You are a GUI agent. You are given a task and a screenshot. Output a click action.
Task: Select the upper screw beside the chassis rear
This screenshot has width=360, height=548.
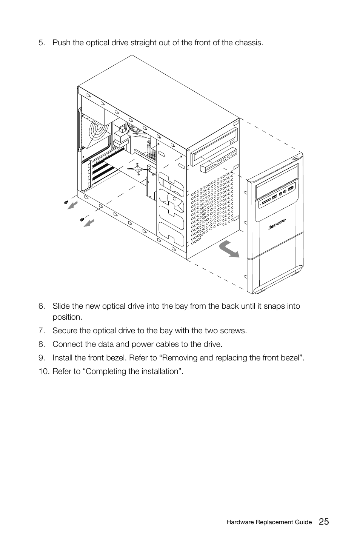coord(67,203)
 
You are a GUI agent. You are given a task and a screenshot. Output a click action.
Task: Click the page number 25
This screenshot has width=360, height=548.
coord(323,522)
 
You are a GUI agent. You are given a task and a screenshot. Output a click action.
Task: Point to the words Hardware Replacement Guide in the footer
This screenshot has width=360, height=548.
coord(269,522)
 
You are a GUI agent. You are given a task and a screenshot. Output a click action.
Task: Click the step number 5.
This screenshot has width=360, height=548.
coord(41,43)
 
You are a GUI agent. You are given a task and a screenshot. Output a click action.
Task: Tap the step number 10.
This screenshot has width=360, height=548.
coord(43,371)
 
